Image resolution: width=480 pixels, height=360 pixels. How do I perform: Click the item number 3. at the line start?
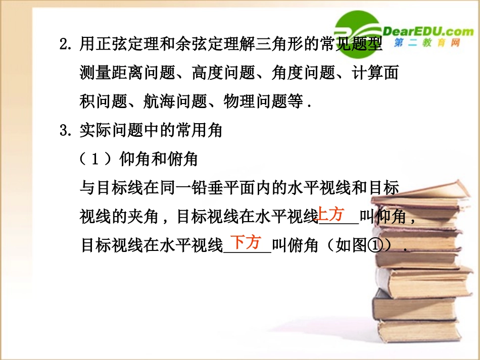click(x=66, y=131)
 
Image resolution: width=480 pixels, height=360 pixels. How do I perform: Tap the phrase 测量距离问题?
click(x=127, y=73)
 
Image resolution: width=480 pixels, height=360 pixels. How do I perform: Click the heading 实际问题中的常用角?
click(x=151, y=131)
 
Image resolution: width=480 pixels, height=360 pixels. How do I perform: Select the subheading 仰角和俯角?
click(x=158, y=160)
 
